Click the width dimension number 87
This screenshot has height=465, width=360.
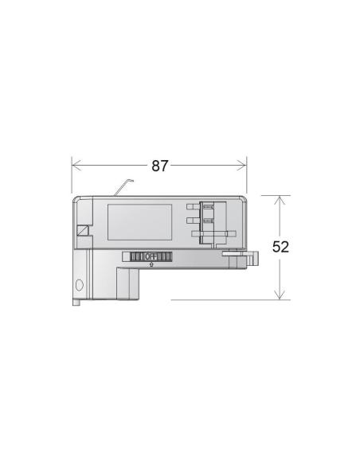(160, 166)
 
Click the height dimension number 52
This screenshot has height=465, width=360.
(280, 247)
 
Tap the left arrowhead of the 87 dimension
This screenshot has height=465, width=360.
(76, 165)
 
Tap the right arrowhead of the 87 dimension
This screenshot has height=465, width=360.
(241, 165)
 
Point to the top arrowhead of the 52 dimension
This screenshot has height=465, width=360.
(280, 201)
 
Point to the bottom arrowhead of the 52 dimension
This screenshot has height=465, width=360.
(280, 295)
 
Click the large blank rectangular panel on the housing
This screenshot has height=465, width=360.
(139, 222)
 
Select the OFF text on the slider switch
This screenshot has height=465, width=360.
(151, 256)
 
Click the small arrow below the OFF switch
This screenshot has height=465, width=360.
(151, 264)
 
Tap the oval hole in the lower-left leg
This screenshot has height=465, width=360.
(80, 285)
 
